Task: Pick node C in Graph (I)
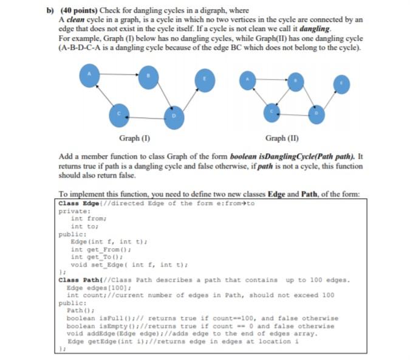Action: pos(120,114)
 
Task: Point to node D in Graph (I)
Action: pos(174,116)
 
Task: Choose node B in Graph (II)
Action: pos(295,81)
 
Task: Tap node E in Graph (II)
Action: pos(342,85)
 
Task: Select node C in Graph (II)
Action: pos(273,112)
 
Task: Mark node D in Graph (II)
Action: pos(315,114)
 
